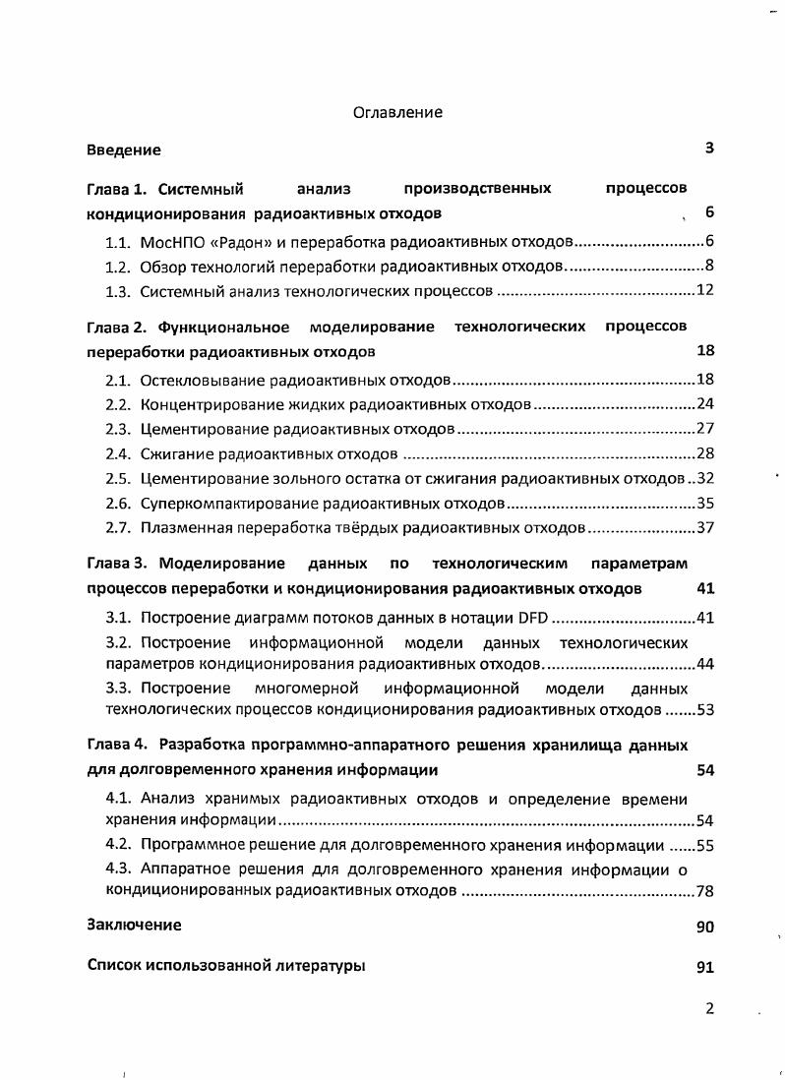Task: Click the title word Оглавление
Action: (x=397, y=112)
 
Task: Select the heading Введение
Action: (x=123, y=150)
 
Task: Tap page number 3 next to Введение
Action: (x=708, y=150)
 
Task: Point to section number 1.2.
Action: (x=117, y=267)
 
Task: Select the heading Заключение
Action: (x=134, y=926)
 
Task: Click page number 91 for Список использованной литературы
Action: (x=704, y=967)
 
